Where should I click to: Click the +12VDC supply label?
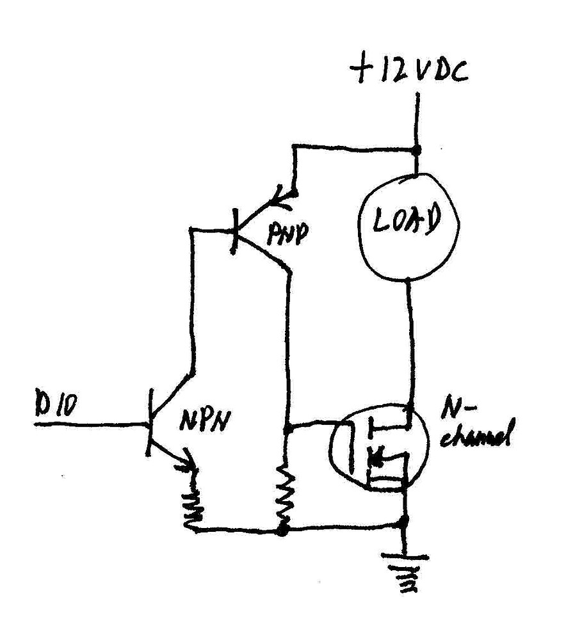(x=408, y=70)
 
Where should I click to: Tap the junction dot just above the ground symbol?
(x=403, y=524)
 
